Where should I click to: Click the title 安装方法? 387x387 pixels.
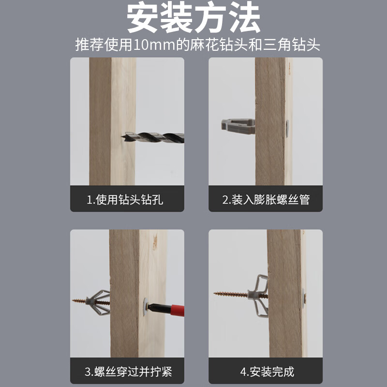(193, 17)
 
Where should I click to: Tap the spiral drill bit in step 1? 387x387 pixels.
(153, 137)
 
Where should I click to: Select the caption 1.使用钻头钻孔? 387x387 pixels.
(125, 199)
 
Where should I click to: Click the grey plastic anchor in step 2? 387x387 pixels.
(238, 126)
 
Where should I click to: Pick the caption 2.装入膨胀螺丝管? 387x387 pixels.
(266, 199)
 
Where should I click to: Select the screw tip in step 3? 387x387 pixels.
(73, 300)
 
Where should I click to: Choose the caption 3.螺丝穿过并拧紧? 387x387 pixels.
(128, 372)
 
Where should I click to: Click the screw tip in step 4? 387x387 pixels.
(215, 293)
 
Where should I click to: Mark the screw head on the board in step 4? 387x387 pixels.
(304, 298)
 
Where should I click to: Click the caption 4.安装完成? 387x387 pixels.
(268, 372)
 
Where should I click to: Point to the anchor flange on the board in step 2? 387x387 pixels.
(287, 129)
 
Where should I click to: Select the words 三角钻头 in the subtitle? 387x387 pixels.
(292, 45)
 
